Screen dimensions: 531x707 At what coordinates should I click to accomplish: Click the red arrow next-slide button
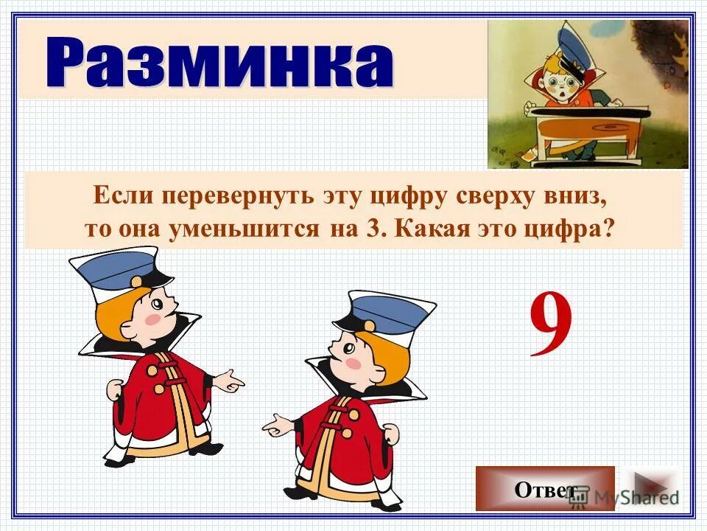(x=650, y=487)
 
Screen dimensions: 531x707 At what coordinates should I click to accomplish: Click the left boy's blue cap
(x=118, y=269)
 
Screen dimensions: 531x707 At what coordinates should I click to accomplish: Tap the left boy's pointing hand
(x=232, y=383)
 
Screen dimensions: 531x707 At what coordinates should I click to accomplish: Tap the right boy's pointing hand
(x=275, y=426)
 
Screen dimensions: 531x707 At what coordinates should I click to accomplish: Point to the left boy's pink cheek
(x=152, y=318)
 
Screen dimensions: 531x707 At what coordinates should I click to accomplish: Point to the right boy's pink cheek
(x=354, y=363)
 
